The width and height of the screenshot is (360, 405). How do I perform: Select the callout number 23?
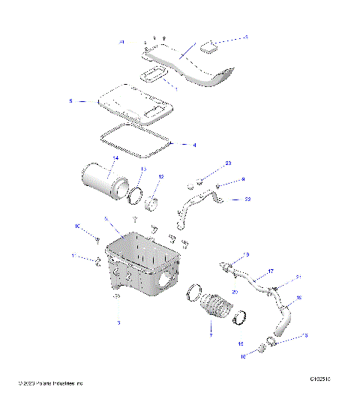point(228,163)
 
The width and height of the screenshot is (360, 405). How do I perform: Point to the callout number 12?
point(160,177)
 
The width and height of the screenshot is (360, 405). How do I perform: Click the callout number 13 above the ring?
point(139,169)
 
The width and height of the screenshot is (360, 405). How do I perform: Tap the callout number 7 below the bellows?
point(211,335)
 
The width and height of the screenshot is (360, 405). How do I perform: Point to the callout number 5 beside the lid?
point(70,100)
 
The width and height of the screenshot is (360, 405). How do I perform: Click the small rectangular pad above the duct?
point(210,47)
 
